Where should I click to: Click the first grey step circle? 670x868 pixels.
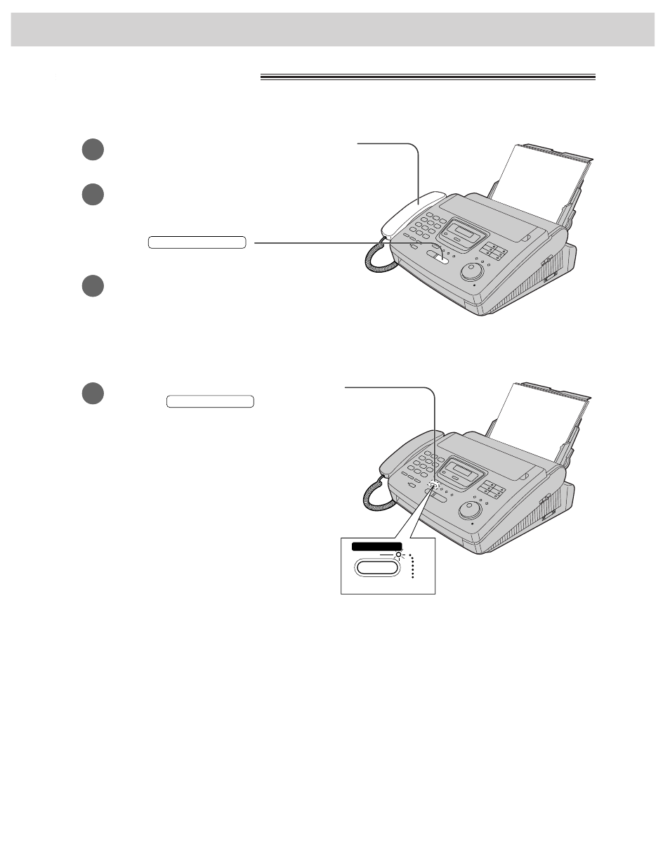tap(92, 150)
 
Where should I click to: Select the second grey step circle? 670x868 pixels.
tap(92, 195)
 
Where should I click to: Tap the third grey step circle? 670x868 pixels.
tap(92, 286)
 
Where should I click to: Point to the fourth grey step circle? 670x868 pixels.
tap(92, 394)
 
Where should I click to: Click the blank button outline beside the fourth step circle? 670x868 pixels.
tap(210, 402)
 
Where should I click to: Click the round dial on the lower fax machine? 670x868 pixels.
tap(470, 510)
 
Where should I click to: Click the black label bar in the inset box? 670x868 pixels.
tap(377, 546)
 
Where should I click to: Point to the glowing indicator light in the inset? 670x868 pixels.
tap(398, 555)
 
